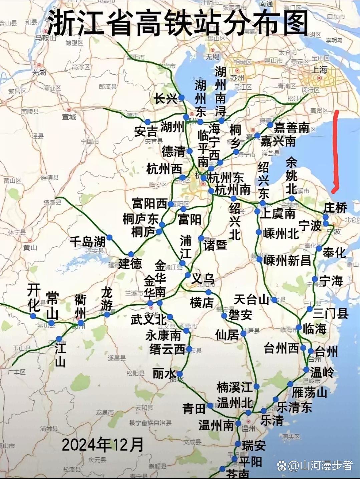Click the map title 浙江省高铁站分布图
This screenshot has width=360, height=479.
177,23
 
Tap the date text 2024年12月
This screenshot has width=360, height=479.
103,445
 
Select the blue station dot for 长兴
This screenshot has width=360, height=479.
182,97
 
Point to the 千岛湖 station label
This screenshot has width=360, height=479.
87,241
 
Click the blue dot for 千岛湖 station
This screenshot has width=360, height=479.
109,238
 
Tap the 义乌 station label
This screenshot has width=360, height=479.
203,278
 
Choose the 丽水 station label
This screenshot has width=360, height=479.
164,373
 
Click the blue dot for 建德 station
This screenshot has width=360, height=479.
131,254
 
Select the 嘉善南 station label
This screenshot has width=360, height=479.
292,127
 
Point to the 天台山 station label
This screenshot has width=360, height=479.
251,299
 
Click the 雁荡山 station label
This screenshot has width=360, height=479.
309,392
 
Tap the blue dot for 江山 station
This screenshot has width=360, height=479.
59,339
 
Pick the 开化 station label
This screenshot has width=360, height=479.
34,297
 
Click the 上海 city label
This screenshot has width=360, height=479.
319,70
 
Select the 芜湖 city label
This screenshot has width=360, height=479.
39,72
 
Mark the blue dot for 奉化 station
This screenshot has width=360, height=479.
319,248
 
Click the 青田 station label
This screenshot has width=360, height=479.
194,408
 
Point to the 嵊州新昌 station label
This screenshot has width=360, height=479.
287,260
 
